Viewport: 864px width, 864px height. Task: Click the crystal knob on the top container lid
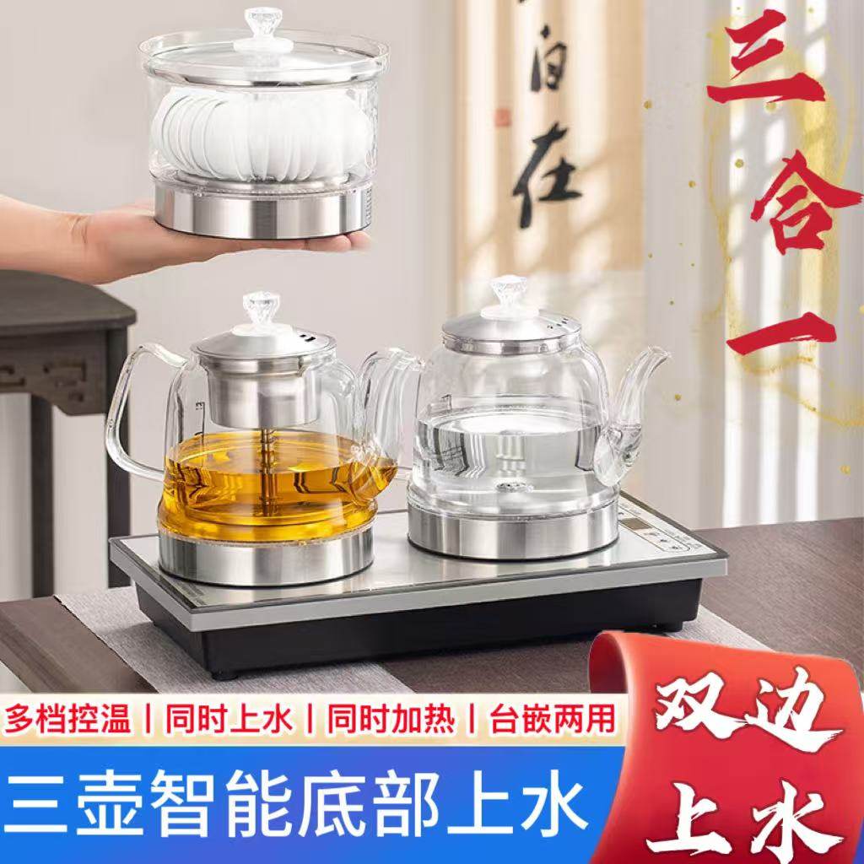point(262,23)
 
